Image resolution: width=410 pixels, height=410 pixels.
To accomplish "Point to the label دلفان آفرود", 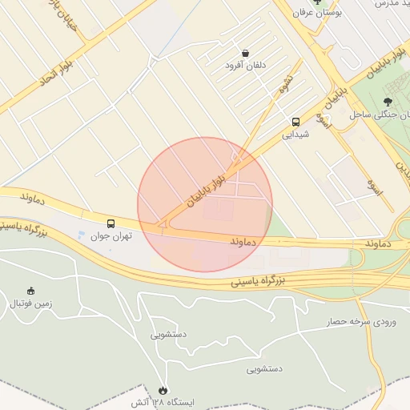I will (243, 65).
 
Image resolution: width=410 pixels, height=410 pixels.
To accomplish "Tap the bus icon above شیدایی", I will (296, 123).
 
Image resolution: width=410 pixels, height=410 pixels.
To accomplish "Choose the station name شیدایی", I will (295, 135).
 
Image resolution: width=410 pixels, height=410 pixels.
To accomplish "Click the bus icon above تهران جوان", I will (111, 224).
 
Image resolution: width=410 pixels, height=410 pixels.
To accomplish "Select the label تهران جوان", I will (111, 236).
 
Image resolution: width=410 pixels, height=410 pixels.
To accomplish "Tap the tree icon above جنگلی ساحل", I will (388, 102).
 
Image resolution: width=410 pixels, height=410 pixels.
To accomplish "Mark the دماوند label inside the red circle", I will (242, 240).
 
